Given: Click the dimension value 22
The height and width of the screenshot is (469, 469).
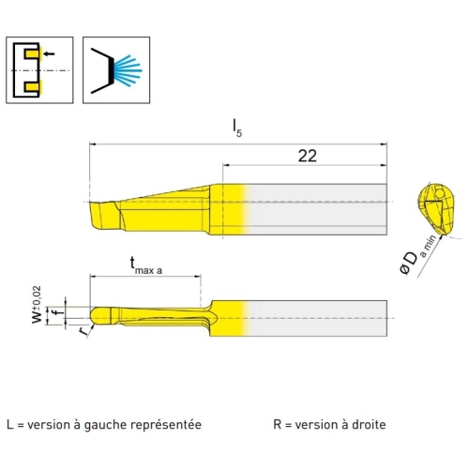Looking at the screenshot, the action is pos(308,156).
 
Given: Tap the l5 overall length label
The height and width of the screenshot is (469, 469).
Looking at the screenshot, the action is pos(237,129).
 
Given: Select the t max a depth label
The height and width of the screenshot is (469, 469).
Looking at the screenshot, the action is pos(146,265).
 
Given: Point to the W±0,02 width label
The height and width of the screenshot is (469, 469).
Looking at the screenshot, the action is pos(37,305).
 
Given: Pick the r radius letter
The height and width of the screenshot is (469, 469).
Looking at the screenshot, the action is pos(83,331).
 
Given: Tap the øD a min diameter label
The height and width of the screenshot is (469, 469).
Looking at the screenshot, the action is pos(417,255).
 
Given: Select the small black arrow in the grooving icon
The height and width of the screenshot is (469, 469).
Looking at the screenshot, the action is pos(49,54).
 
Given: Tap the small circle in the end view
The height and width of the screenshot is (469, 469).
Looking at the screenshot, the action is pos(439,194).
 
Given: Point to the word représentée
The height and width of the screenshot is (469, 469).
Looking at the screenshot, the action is pos(166,425).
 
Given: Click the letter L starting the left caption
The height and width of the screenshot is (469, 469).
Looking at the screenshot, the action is pos(10,425).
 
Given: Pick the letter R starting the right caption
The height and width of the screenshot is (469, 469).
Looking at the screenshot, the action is pos(278,425).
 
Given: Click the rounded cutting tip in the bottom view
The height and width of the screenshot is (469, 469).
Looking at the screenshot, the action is pos(100,316).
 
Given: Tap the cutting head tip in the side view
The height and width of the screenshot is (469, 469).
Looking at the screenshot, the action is pos(104,216).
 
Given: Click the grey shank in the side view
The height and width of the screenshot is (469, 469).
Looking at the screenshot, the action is pos(317,209).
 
